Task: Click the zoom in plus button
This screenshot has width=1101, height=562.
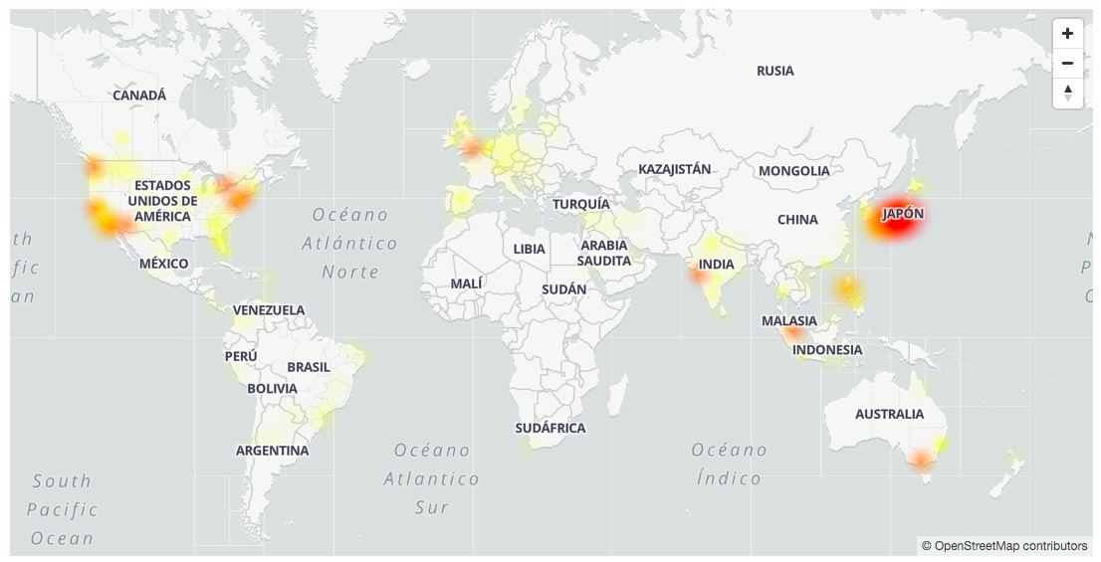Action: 1067,34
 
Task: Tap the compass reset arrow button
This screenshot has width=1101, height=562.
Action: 1067,93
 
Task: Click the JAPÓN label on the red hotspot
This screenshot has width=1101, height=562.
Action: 902,214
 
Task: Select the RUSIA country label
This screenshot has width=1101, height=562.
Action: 774,71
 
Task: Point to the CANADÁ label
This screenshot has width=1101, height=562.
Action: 139,95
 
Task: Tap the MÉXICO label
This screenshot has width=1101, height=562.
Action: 163,264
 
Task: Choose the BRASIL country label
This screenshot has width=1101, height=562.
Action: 308,367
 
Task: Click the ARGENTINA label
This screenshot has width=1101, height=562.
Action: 272,451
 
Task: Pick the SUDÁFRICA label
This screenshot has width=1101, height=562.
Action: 550,428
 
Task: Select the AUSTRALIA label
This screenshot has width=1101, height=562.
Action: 889,414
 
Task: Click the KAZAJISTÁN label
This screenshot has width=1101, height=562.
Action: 674,169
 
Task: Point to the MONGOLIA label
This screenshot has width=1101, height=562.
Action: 793,171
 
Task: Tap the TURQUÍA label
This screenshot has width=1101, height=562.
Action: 580,204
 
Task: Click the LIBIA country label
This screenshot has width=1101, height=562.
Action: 529,249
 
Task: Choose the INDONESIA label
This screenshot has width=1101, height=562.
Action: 827,350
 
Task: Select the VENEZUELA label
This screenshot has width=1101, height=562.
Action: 269,310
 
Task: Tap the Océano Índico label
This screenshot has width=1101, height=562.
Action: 729,464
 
